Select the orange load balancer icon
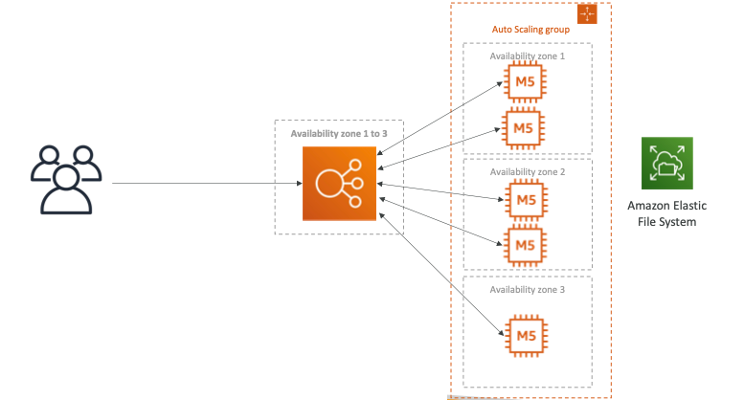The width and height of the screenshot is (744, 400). click(x=340, y=184)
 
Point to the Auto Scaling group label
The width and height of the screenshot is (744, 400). click(x=530, y=30)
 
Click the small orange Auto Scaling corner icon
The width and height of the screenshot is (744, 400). click(x=587, y=13)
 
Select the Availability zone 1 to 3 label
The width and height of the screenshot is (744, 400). click(x=339, y=133)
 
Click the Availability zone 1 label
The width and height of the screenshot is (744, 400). click(x=527, y=56)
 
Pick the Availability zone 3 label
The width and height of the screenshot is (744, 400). click(x=527, y=289)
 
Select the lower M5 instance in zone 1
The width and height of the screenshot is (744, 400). click(x=524, y=127)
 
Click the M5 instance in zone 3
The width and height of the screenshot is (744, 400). click(x=524, y=334)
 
